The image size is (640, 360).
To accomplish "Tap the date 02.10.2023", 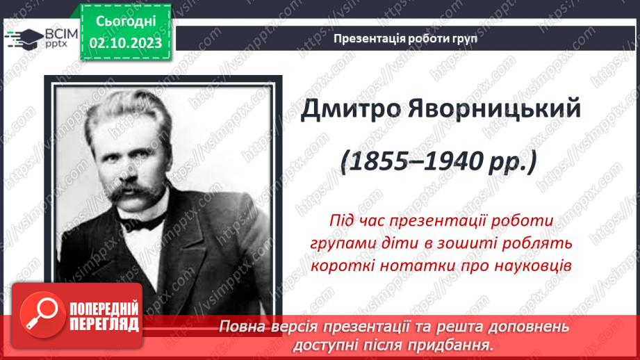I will click(x=125, y=43).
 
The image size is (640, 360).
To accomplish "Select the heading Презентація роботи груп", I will click(x=405, y=39).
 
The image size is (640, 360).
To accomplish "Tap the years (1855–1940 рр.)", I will click(x=439, y=162).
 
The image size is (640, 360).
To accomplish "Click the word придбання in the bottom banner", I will click(x=452, y=345).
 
